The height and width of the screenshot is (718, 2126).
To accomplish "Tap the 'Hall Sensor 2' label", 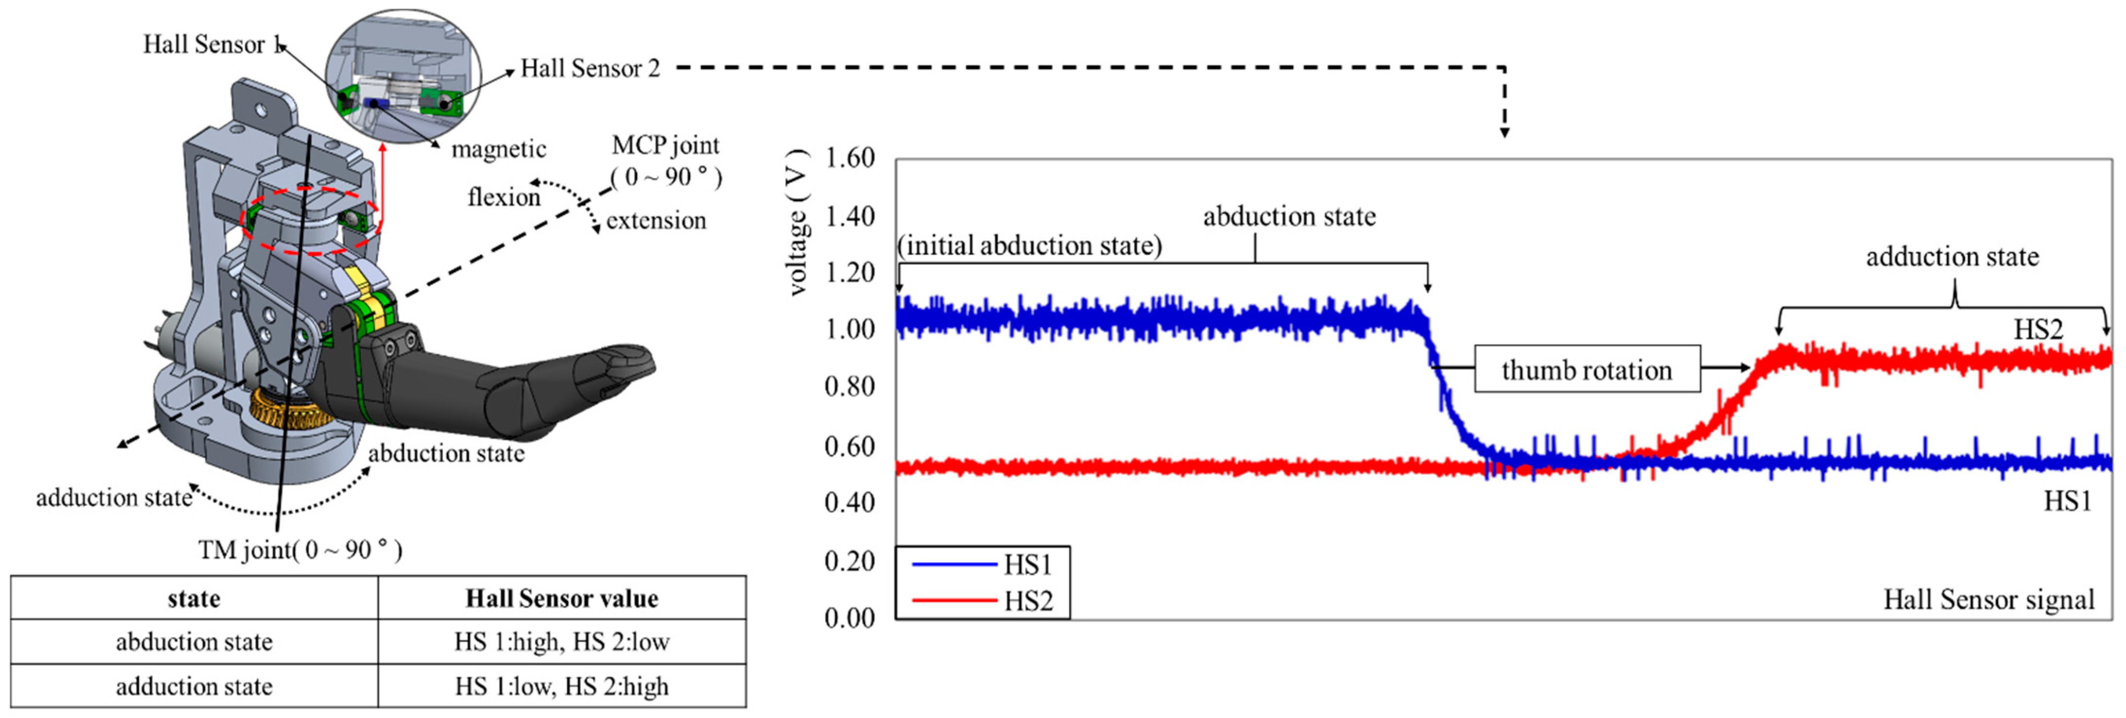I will pos(590,68).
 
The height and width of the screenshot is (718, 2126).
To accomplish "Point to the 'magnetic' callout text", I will pos(498,150).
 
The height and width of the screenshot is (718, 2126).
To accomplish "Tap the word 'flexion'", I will pos(503,197).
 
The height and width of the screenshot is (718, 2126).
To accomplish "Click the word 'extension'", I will pos(656,221).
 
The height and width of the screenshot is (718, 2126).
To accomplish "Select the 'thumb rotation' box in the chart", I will pos(1586,370).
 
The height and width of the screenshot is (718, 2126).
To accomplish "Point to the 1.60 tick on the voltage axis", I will pos(849,158).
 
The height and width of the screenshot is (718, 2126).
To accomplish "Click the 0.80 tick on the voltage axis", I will pos(849,386).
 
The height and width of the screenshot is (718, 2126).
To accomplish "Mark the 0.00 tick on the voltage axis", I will pos(849,618).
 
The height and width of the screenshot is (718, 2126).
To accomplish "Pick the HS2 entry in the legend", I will pos(1028,601).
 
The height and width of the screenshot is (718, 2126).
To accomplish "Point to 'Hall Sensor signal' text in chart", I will pos(1988,599).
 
